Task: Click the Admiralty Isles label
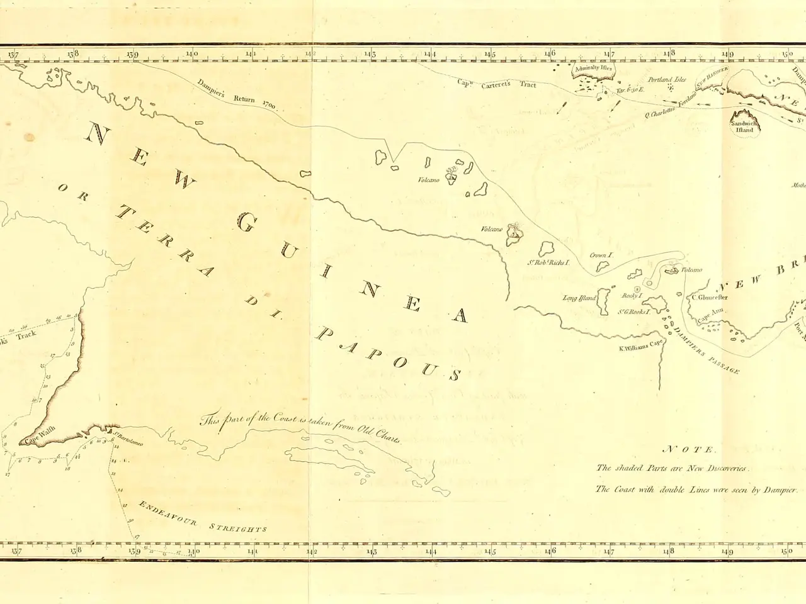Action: tap(593, 68)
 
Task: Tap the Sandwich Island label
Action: tap(744, 127)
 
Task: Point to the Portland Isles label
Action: tap(667, 80)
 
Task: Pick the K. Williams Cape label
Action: tap(641, 345)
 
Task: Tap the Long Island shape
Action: tap(603, 301)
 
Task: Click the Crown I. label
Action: tap(601, 255)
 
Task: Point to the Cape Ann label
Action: tap(711, 314)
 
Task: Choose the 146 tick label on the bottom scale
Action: tap(550, 551)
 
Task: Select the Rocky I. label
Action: tap(632, 296)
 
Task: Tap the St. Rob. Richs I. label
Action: tap(548, 262)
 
